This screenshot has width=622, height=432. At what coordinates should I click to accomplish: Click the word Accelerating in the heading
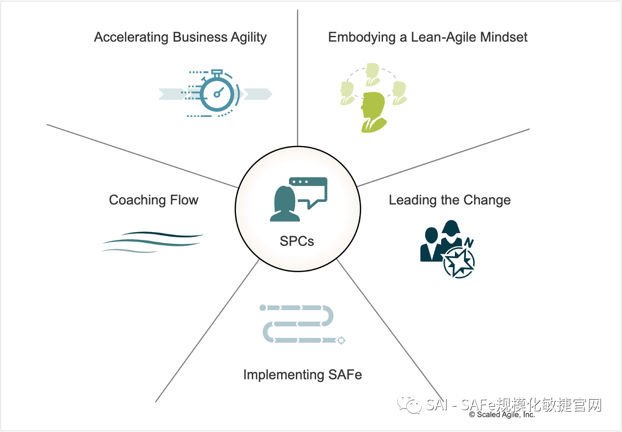[x=131, y=37]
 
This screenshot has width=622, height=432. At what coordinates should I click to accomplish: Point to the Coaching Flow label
[x=153, y=200]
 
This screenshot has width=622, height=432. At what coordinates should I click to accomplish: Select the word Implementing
[x=284, y=375]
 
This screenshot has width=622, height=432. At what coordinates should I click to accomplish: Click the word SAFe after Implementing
[x=345, y=375]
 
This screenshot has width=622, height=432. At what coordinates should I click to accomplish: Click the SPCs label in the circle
[x=297, y=241]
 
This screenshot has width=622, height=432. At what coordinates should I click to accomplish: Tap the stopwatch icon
[x=216, y=93]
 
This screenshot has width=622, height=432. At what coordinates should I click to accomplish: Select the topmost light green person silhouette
[x=373, y=74]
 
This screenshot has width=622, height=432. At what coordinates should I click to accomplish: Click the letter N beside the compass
[x=469, y=243]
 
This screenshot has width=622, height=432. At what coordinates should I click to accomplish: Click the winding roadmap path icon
[x=302, y=324]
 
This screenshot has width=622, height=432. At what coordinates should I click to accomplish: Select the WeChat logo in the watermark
[x=409, y=404]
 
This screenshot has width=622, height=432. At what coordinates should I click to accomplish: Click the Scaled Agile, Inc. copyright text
[x=502, y=414]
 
